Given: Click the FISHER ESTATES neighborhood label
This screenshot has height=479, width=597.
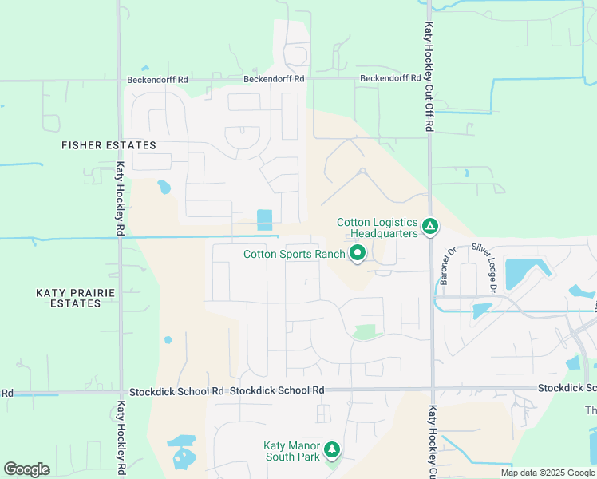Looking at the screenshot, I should click(x=109, y=145).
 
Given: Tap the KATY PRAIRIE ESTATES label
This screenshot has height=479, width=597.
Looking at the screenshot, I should click(x=76, y=299).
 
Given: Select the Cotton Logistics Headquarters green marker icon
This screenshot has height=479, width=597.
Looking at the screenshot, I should click(x=429, y=228).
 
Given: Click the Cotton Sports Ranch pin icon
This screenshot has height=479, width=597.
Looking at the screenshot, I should click(x=358, y=255).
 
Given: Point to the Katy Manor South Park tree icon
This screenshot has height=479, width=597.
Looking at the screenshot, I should click(x=331, y=451).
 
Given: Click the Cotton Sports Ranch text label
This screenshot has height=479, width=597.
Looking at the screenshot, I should click(x=295, y=255).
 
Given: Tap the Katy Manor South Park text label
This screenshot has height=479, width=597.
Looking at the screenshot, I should click(x=292, y=451).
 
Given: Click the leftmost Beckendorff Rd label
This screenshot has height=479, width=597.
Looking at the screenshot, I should click(x=157, y=80).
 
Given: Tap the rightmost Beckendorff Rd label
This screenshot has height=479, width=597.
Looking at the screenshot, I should click(x=390, y=78).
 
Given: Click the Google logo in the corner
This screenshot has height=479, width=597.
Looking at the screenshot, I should click(x=26, y=469).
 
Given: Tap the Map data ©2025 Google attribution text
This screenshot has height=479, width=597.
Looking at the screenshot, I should click(x=547, y=473).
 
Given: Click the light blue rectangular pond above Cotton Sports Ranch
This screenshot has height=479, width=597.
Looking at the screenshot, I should click(x=264, y=220).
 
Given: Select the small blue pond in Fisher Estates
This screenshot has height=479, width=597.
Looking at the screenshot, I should click(x=164, y=188).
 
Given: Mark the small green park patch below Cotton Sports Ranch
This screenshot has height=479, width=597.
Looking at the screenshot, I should click(x=365, y=332).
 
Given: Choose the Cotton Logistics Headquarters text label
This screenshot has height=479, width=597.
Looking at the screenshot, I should click(x=377, y=228).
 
